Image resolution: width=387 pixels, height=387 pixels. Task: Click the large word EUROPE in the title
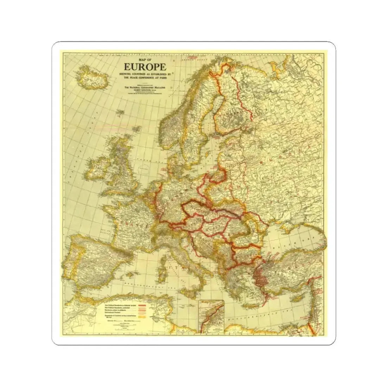145,67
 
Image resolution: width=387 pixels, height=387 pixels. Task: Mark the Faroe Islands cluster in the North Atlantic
121,112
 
